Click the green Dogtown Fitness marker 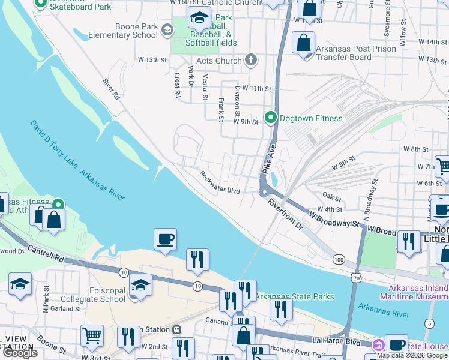click(x=271, y=118)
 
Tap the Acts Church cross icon click(x=251, y=60)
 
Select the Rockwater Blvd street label click(x=220, y=184)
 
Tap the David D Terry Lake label click(x=55, y=146)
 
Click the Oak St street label click(x=331, y=197)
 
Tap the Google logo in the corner click(x=20, y=353)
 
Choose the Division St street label click(x=238, y=101)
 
